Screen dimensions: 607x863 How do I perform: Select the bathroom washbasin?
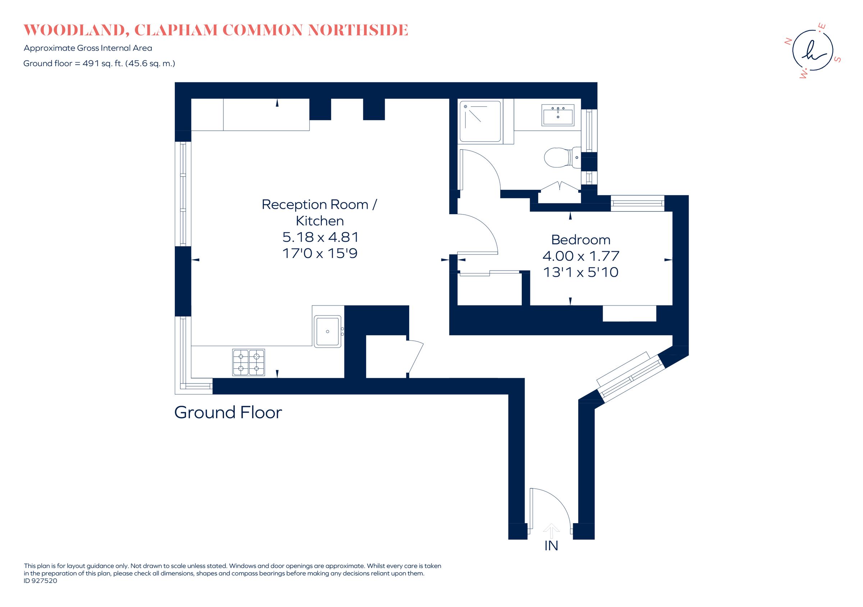pyautogui.click(x=558, y=115)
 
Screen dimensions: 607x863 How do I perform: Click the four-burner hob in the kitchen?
pyautogui.click(x=248, y=363)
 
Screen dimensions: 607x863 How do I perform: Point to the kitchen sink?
pyautogui.click(x=328, y=331)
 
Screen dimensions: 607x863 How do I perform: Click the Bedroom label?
pyautogui.click(x=580, y=240)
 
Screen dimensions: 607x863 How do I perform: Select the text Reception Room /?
pyautogui.click(x=319, y=205)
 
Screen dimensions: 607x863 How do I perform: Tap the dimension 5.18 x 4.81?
pyautogui.click(x=320, y=237)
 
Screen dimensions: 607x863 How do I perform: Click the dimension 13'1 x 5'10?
pyautogui.click(x=580, y=272)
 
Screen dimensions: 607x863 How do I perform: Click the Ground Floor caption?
pyautogui.click(x=228, y=413)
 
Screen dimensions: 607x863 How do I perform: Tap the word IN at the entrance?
pyautogui.click(x=551, y=546)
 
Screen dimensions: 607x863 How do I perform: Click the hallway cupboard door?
pyautogui.click(x=415, y=357)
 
